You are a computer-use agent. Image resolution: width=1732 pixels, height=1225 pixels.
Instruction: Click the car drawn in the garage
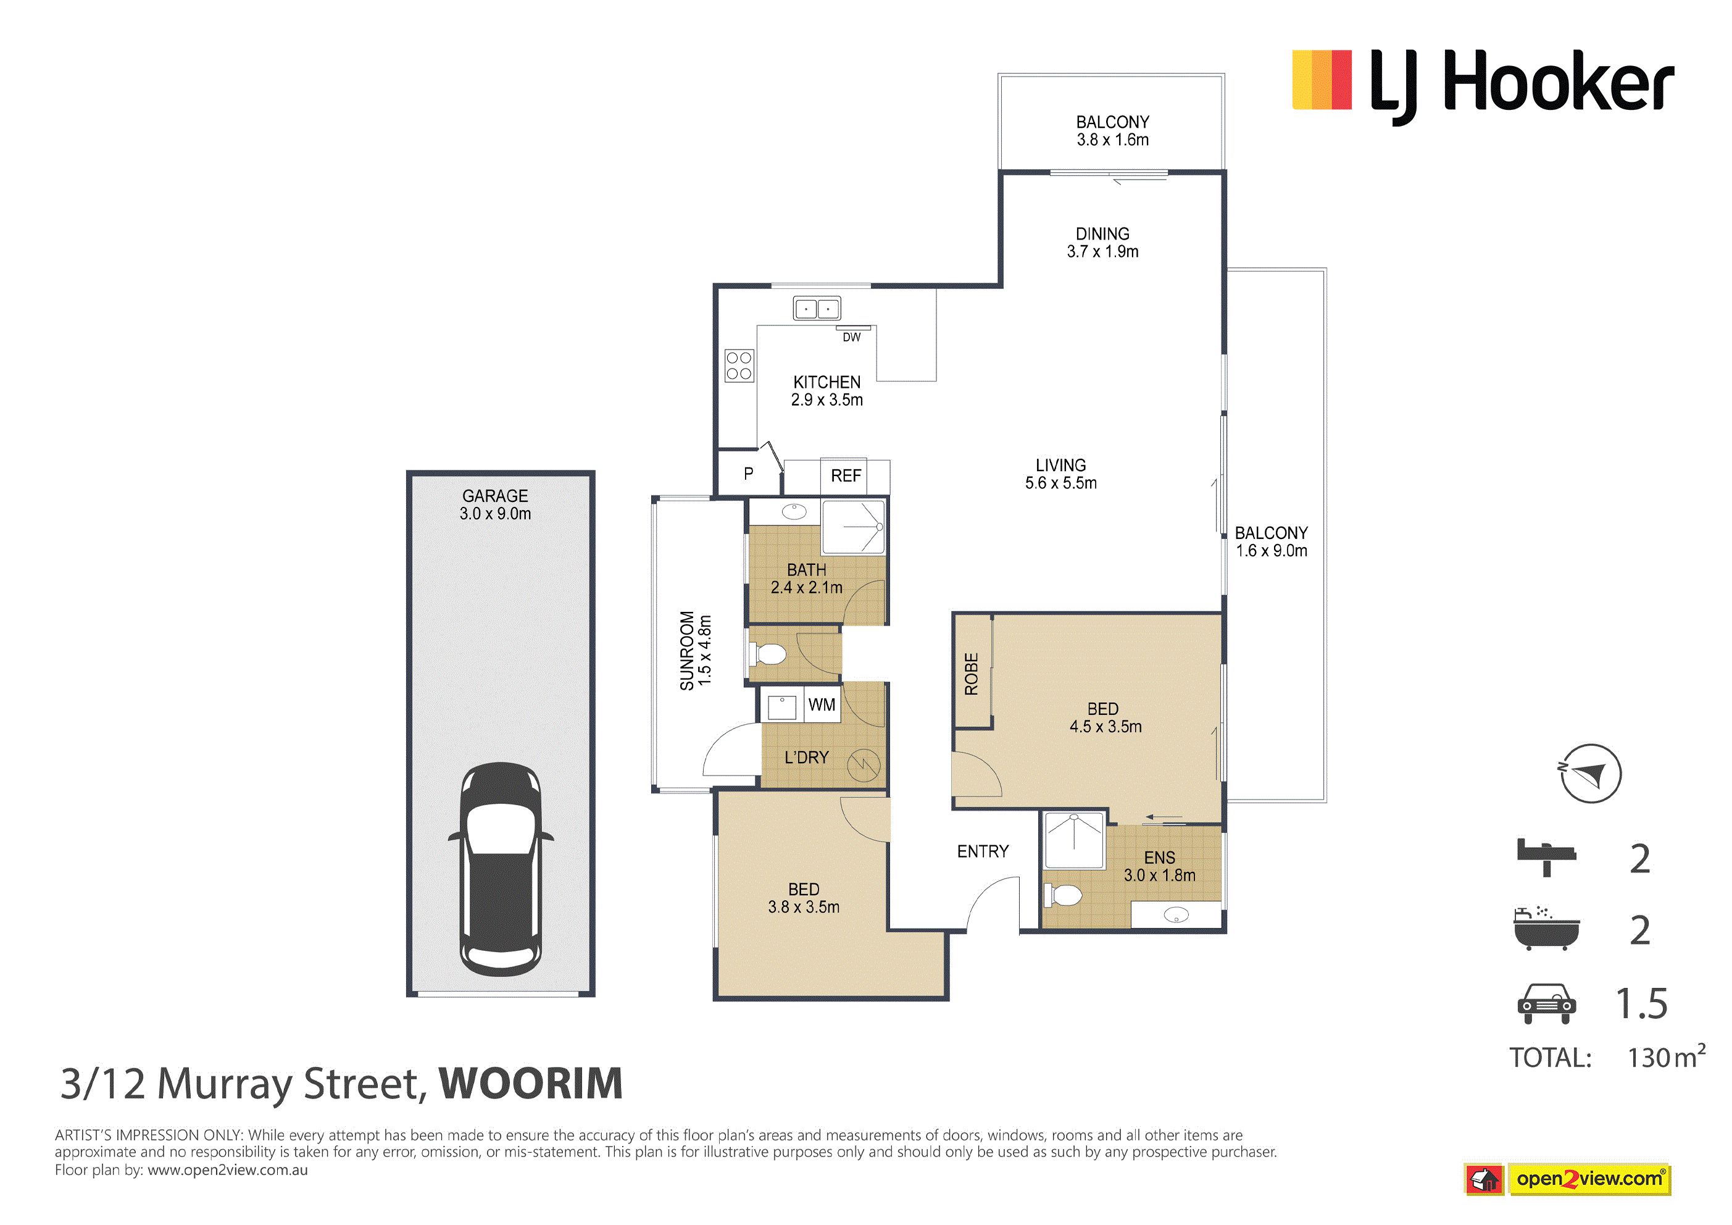(501, 869)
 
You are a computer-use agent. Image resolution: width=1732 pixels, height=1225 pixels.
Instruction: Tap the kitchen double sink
(817, 308)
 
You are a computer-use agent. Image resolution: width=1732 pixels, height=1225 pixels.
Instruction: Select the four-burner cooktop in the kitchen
(739, 366)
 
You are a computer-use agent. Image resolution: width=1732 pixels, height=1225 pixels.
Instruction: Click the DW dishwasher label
(852, 337)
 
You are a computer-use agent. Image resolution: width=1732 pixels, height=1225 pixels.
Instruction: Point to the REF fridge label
(846, 475)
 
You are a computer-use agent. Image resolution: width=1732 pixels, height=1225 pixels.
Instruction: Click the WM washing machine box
(822, 704)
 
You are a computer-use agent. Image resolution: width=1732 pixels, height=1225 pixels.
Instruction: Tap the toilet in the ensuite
(1063, 895)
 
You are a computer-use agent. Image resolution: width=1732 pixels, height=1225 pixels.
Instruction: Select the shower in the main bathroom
(853, 527)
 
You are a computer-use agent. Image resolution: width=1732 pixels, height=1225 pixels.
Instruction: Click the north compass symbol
(1590, 774)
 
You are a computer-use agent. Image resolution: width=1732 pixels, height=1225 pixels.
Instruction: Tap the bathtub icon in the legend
(1546, 929)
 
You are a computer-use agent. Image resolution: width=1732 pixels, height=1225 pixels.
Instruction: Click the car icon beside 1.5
(1546, 1003)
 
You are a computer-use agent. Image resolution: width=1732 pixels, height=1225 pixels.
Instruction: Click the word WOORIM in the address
(531, 1084)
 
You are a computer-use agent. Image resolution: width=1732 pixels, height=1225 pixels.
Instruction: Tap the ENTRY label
(983, 851)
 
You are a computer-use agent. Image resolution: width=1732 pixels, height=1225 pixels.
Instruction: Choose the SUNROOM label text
(686, 651)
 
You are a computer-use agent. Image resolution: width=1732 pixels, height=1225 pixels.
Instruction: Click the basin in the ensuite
(1176, 916)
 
